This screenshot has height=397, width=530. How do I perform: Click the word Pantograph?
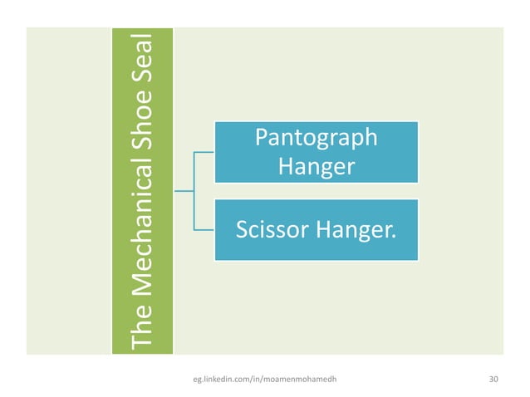(316, 138)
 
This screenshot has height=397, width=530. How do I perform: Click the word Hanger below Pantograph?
(316, 166)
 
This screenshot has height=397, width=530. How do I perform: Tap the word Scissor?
(271, 228)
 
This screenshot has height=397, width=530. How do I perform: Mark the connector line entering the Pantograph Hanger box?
(204, 153)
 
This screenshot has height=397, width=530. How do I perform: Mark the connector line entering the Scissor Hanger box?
(204, 228)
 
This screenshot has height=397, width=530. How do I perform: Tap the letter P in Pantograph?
(261, 138)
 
